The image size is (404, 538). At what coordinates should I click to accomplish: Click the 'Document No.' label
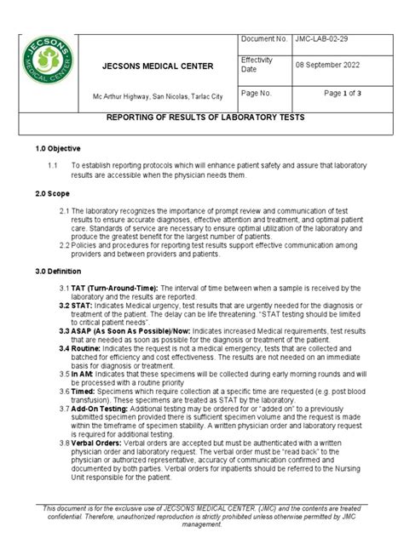coord(265,39)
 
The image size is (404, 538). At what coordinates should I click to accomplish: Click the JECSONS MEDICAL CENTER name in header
coord(158,66)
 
